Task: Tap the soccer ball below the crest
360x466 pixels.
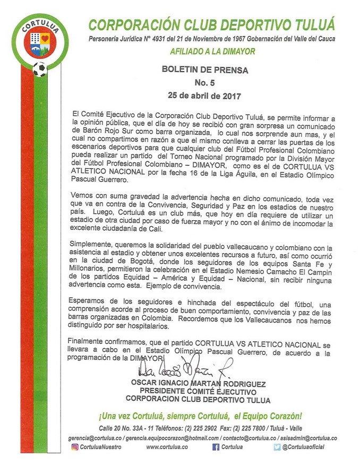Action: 39,69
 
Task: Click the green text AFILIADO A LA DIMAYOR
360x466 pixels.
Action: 213,51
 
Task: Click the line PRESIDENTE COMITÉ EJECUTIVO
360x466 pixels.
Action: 197,392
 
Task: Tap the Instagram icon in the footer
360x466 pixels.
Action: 75,447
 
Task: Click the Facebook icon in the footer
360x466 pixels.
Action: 216,447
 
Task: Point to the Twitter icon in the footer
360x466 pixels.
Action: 277,447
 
